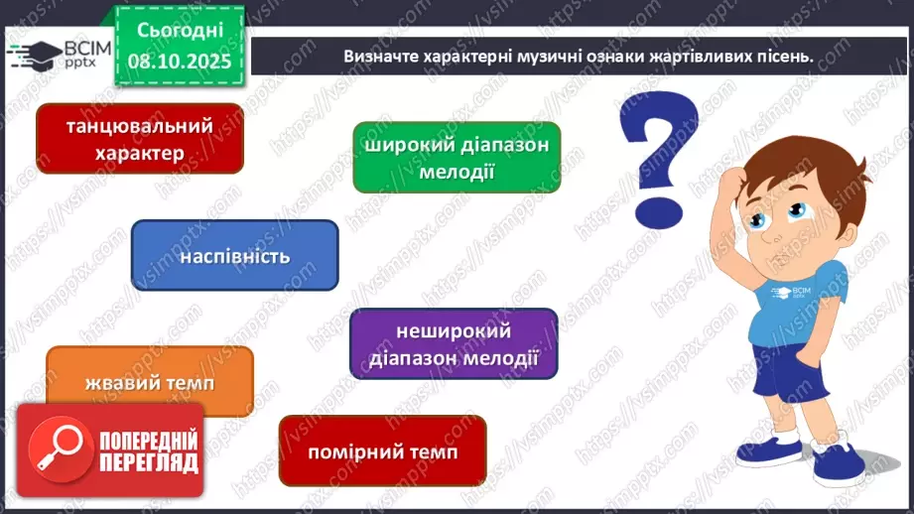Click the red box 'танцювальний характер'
(139, 139)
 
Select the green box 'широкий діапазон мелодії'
(456, 157)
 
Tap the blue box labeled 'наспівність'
(234, 256)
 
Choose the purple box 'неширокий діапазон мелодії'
(453, 343)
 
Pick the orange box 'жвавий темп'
(149, 382)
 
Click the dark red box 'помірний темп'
(382, 451)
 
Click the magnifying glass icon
(56, 450)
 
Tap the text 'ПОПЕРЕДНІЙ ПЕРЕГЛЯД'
(147, 451)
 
